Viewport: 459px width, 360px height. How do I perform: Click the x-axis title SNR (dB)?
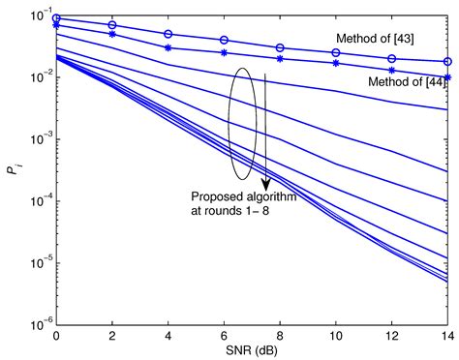pos(253,350)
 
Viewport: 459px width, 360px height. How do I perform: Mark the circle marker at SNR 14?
pos(447,61)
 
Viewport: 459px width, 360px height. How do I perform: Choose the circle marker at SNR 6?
pos(225,40)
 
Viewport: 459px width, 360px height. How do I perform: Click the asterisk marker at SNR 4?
pos(168,47)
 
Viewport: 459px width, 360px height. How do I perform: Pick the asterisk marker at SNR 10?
pos(336,64)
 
